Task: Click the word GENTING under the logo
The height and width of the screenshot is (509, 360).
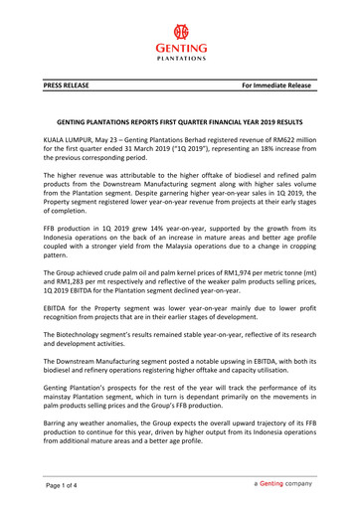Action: point(179,46)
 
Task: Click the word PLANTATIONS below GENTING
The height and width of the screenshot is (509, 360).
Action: point(179,57)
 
